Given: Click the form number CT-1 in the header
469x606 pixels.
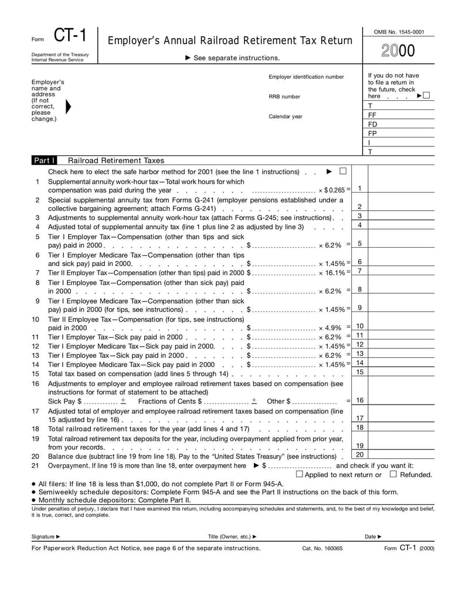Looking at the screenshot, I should pyautogui.click(x=70, y=36).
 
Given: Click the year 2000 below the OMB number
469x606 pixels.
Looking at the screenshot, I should pyautogui.click(x=399, y=52).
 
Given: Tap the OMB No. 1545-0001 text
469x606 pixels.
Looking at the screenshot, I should pyautogui.click(x=399, y=32).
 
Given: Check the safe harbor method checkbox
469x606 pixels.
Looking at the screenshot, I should pyautogui.click(x=343, y=171).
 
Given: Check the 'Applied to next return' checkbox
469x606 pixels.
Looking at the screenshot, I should pyautogui.click(x=299, y=474).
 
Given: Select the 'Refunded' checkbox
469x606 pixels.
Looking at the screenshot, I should pyautogui.click(x=393, y=474).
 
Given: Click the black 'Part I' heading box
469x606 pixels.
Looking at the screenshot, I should pyautogui.click(x=45, y=160).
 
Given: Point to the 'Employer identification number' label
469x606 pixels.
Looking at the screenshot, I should pyautogui.click(x=306, y=77).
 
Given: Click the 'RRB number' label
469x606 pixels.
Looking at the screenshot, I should pyautogui.click(x=284, y=97).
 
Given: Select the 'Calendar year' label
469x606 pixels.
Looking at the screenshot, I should pyautogui.click(x=286, y=117).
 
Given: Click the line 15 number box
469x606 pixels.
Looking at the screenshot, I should pyautogui.click(x=360, y=372).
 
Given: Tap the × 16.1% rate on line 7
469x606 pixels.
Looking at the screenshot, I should pyautogui.click(x=332, y=273).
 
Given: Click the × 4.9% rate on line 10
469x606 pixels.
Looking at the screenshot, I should pyautogui.click(x=330, y=328).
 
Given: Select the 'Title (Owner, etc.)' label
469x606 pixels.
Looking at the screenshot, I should pyautogui.click(x=230, y=536).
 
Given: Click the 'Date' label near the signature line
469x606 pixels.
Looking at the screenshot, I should pyautogui.click(x=371, y=536).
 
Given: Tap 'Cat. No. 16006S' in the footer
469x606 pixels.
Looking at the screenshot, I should pyautogui.click(x=322, y=549).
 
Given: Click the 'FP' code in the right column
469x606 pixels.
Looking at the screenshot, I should pyautogui.click(x=372, y=133).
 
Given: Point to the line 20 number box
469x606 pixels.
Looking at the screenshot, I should pyautogui.click(x=360, y=454).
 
